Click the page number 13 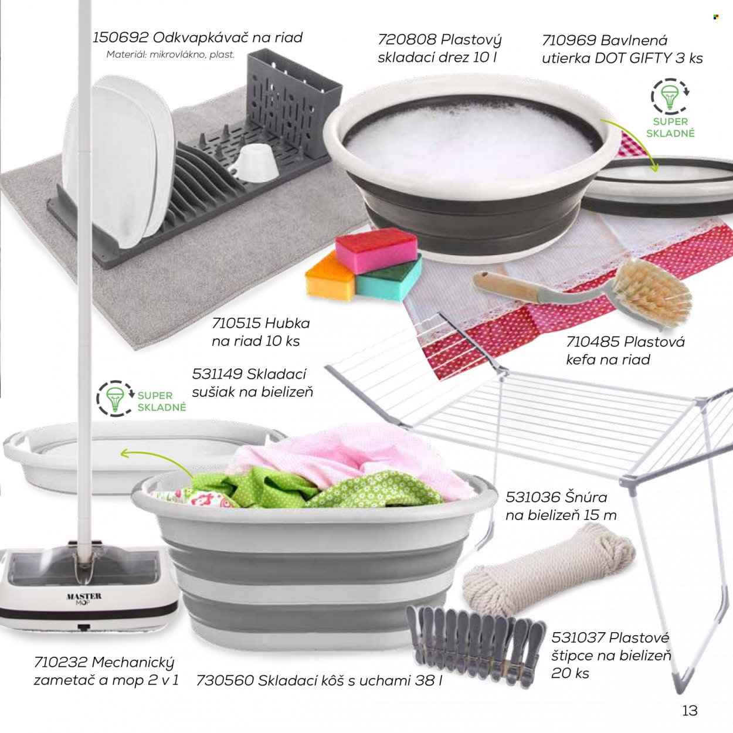click(690, 711)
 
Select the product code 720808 click(407, 39)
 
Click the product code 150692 click(120, 38)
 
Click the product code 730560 click(225, 680)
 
